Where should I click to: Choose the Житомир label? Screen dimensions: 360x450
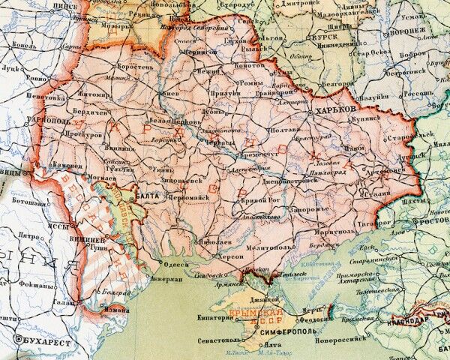[x=95, y=96]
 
